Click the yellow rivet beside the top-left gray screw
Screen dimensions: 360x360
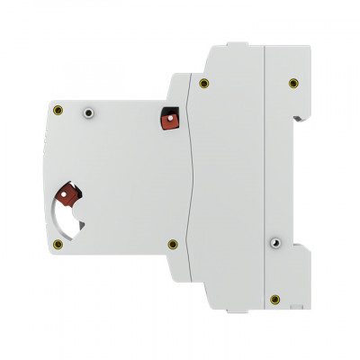coord(58,111)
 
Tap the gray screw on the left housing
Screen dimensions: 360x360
coord(88,112)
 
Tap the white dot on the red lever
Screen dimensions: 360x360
coord(63,192)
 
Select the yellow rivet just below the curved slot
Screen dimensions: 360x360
coord(58,245)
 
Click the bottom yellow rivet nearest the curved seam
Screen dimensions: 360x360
coord(172,243)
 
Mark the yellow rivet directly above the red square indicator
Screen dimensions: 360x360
coord(204,83)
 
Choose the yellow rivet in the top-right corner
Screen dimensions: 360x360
coord(292,83)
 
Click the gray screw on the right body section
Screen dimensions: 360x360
coord(276,242)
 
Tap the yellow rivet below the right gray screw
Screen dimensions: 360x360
coord(276,298)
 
